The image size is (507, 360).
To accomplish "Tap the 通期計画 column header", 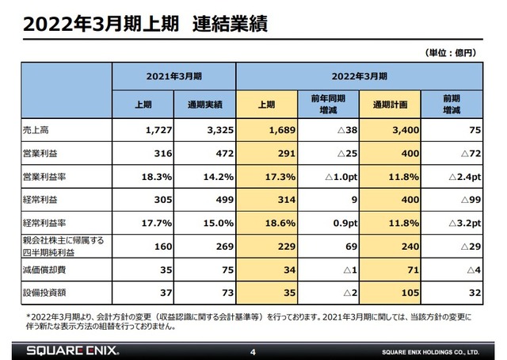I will (391, 103).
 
